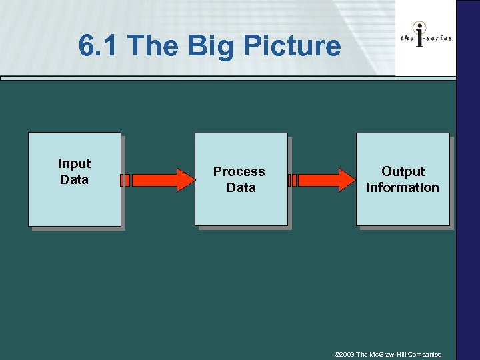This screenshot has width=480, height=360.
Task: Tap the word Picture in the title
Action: (x=291, y=46)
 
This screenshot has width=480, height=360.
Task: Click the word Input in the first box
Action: (x=74, y=164)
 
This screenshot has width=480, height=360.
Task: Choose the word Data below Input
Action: (x=74, y=179)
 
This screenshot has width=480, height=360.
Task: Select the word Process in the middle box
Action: (x=239, y=171)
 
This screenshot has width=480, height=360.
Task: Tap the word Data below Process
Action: (x=241, y=187)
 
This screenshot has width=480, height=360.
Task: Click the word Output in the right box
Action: (x=403, y=171)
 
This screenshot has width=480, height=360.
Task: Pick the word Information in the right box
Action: (x=403, y=187)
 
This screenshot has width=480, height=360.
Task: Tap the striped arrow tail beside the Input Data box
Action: (x=125, y=180)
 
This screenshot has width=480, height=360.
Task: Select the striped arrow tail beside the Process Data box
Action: (x=293, y=180)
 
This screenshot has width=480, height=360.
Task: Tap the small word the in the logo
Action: (x=407, y=38)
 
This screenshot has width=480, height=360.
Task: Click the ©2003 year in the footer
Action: (x=345, y=354)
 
